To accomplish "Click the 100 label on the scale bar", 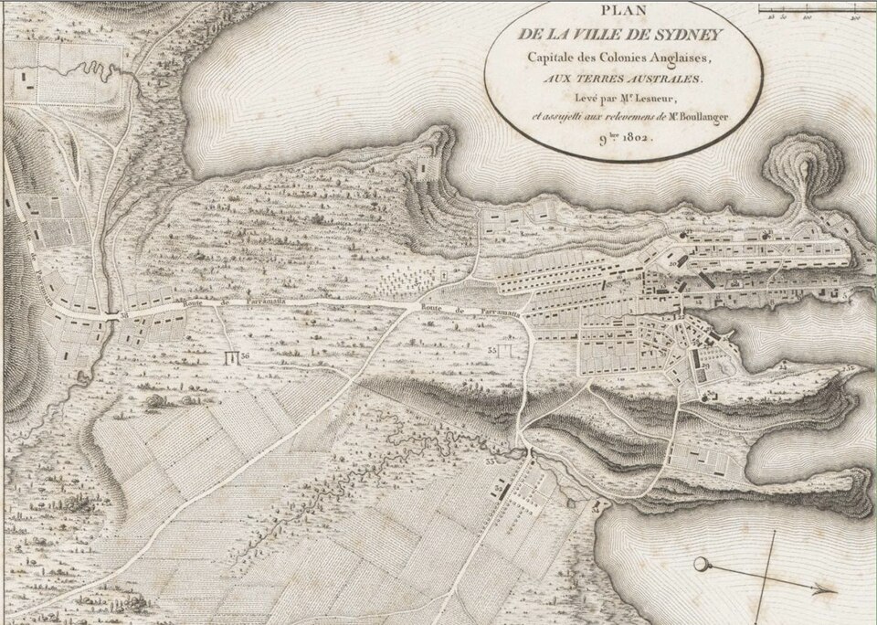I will [x=808, y=17].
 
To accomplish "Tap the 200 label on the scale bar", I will [x=856, y=17].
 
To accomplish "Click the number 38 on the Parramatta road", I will [x=123, y=314].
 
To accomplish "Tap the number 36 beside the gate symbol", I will [x=245, y=355].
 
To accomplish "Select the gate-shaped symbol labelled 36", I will [x=231, y=355].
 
